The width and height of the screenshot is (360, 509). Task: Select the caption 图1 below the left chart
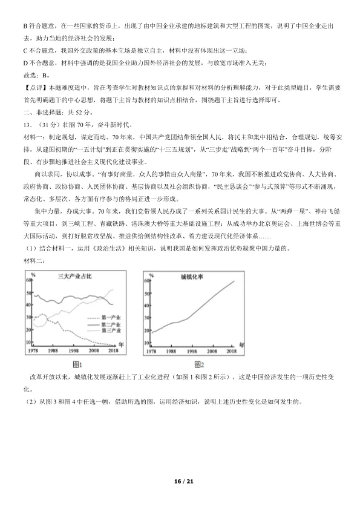77,364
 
